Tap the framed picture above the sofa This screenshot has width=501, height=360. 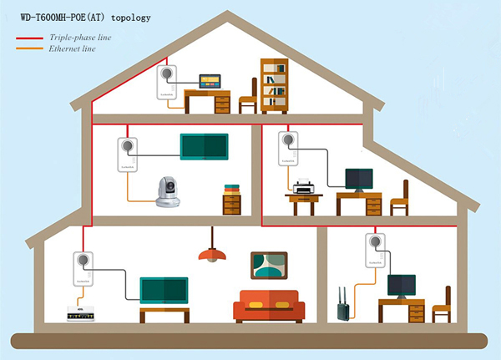tap(271, 266)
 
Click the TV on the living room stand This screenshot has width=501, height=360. tap(164, 291)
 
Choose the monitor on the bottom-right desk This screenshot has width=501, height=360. tap(401, 286)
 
